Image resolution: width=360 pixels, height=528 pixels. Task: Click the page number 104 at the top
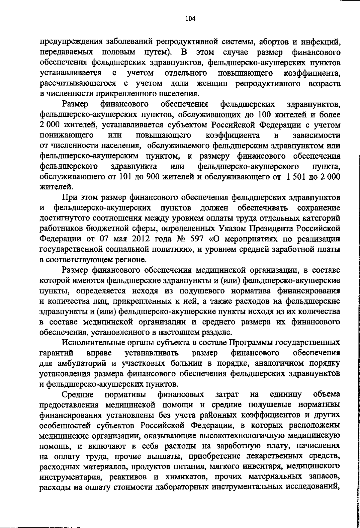point(190,19)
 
